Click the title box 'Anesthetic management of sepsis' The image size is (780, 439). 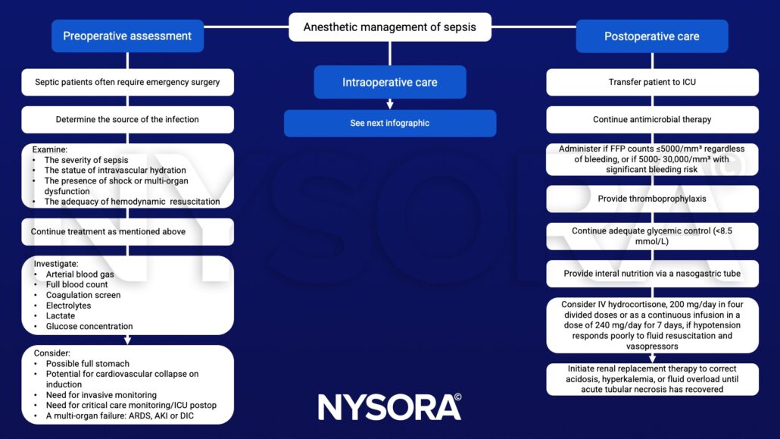[x=389, y=27]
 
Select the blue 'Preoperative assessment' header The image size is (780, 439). [x=127, y=36]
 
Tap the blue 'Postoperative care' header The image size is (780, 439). [x=651, y=36]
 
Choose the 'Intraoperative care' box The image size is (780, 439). [x=389, y=82]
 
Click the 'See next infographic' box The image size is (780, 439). [x=389, y=123]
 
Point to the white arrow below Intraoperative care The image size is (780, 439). [x=389, y=104]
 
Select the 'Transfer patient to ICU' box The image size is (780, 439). [x=651, y=82]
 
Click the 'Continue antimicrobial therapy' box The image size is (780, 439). [x=651, y=119]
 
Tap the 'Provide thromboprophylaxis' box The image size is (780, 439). [x=651, y=199]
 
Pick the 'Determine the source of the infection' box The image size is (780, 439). [x=127, y=119]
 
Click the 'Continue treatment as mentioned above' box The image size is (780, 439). [x=127, y=231]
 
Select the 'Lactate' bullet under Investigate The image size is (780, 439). [x=61, y=315]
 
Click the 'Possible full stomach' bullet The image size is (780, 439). [x=88, y=364]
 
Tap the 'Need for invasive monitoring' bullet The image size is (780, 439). [x=101, y=395]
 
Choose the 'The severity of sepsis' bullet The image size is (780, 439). [x=86, y=160]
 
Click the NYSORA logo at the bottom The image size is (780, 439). [x=389, y=406]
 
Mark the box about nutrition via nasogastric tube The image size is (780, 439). [x=651, y=273]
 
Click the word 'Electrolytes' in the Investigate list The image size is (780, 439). [x=68, y=306]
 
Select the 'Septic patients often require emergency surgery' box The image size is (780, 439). [x=127, y=82]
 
